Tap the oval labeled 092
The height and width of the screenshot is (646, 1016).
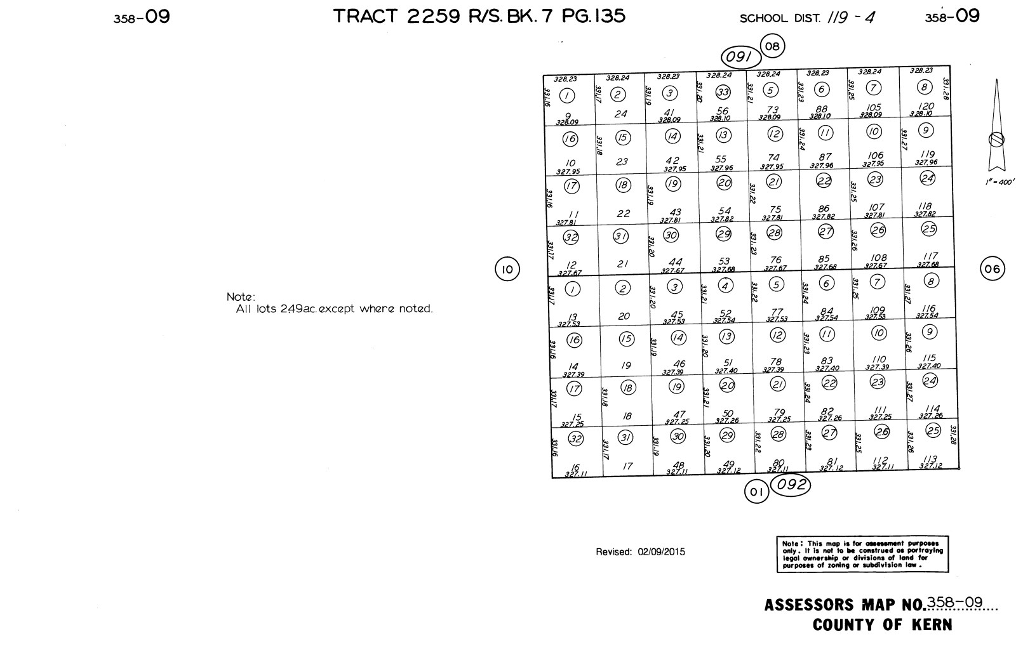pos(791,485)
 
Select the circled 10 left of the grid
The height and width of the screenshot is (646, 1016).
pos(507,270)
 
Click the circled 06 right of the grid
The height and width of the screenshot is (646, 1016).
pos(993,269)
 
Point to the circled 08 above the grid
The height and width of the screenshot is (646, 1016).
pos(772,46)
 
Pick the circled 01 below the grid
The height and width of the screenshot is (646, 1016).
pos(756,492)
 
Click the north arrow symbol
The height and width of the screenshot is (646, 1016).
pos(996,127)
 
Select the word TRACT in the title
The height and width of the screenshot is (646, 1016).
pos(366,16)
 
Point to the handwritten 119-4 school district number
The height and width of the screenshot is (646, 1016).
pos(850,18)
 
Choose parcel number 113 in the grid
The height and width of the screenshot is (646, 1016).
pos(930,459)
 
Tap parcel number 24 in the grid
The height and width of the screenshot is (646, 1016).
pos(620,114)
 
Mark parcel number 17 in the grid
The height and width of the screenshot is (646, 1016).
pos(627,466)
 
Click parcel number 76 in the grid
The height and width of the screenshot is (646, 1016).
pos(775,260)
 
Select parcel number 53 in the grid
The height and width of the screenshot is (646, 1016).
pos(724,261)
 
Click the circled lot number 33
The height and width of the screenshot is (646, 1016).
pos(723,92)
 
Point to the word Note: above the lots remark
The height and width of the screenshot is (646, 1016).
pos(241,297)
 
